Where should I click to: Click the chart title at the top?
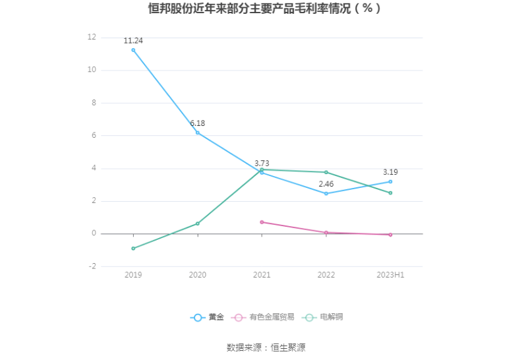click(265, 9)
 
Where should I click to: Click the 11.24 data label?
click(133, 41)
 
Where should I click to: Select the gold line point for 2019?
click(133, 50)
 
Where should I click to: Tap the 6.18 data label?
click(198, 123)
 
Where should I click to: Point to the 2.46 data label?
click(326, 184)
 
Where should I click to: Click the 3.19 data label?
click(391, 172)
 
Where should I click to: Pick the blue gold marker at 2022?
click(326, 193)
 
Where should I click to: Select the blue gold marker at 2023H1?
click(390, 181)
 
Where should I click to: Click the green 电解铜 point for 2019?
click(133, 249)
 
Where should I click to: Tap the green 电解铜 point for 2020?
click(198, 224)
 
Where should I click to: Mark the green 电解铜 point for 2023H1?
click(390, 193)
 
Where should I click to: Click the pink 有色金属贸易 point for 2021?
click(262, 222)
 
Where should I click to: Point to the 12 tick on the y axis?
click(92, 38)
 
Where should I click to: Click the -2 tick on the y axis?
click(92, 266)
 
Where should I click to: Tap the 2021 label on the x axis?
click(262, 274)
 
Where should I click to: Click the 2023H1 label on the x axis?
click(390, 274)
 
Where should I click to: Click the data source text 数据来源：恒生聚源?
click(266, 347)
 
